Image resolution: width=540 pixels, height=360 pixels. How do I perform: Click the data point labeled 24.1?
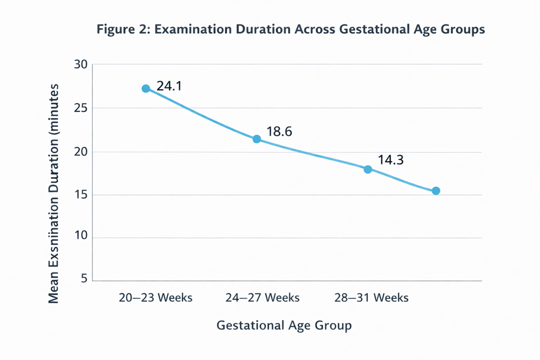point(146,89)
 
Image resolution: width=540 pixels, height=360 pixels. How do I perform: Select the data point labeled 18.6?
point(256,139)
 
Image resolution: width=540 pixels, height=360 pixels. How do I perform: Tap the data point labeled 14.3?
point(368,169)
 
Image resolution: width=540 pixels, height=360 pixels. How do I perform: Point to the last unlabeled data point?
point(436,191)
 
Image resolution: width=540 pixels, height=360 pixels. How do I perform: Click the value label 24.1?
point(169,86)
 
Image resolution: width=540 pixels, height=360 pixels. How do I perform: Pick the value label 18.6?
point(279,132)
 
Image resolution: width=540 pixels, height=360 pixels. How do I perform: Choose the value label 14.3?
point(391,160)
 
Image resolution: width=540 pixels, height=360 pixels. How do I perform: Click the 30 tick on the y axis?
point(81,64)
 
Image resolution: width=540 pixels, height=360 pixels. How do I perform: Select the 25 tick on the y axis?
point(81,108)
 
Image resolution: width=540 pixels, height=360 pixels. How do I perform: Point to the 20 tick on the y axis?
point(81,152)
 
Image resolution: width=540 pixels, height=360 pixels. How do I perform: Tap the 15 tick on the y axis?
point(81,194)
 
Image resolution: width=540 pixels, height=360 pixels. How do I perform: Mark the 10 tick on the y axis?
point(81,236)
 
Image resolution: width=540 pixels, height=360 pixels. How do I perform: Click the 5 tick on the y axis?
point(84,279)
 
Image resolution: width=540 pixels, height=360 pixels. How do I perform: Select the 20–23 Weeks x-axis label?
point(156,297)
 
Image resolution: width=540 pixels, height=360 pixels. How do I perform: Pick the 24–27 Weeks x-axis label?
point(263,297)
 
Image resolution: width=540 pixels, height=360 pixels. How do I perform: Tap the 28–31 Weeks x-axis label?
point(371,297)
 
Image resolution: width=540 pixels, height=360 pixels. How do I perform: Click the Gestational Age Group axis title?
point(284,326)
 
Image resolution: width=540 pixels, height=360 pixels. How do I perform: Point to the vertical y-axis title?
point(54,194)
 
